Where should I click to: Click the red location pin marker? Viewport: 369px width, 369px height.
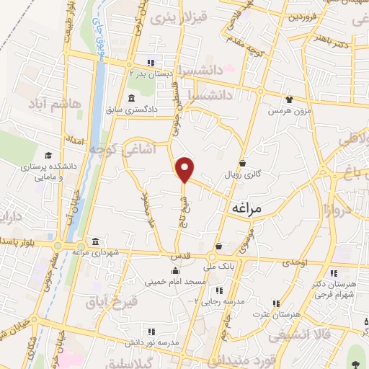pos(185,169)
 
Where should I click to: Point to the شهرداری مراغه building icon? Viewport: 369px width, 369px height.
pos(96,241)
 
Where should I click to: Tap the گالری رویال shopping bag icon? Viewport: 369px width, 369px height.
pos(243,162)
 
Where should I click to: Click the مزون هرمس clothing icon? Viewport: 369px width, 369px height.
pos(289,100)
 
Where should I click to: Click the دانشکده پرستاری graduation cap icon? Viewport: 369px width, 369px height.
pos(48,155)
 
